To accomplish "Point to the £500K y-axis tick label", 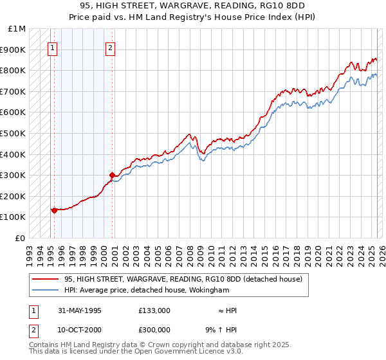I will (14, 133).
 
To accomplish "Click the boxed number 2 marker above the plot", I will (111, 47).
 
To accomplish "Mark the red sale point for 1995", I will (54, 210).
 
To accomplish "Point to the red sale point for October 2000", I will (112, 175).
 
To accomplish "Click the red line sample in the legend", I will (46, 279).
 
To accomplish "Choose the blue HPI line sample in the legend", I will (46, 290).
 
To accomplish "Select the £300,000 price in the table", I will (154, 329).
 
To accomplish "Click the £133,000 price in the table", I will (154, 310).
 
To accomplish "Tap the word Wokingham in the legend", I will (212, 290).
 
